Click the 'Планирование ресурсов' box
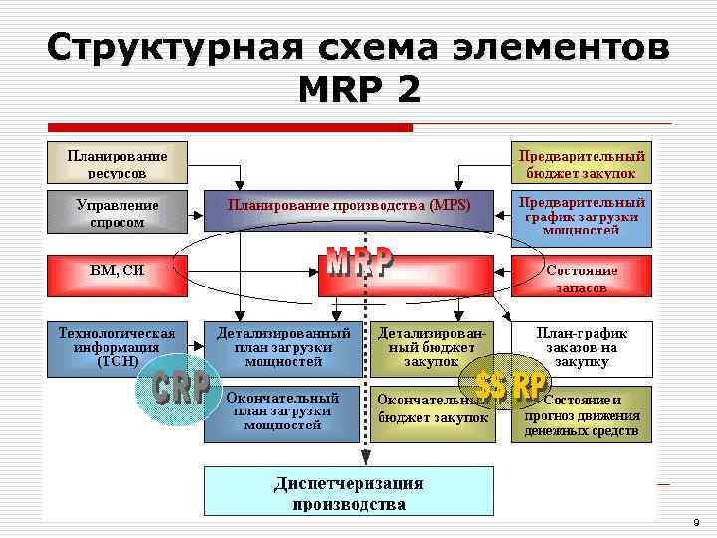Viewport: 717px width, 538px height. (x=118, y=163)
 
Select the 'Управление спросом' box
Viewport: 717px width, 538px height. (x=118, y=213)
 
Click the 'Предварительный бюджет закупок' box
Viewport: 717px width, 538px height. (x=582, y=163)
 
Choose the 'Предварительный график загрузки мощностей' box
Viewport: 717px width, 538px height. (x=582, y=216)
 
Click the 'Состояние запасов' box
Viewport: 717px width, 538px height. (x=582, y=277)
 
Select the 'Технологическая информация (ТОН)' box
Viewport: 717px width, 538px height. (x=118, y=347)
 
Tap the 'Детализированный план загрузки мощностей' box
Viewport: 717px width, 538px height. (x=283, y=347)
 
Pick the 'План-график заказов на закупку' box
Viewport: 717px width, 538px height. (x=582, y=347)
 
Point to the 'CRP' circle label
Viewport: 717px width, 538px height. (x=180, y=388)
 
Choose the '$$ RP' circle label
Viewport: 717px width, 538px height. (x=508, y=385)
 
